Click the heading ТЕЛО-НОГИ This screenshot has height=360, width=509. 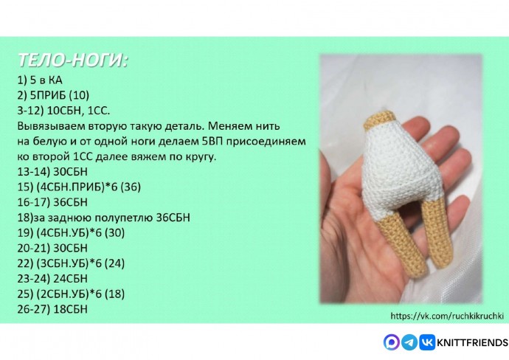(72, 60)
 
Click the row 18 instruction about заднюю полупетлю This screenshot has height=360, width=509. (103, 217)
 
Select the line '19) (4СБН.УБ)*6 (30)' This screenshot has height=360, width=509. (71, 232)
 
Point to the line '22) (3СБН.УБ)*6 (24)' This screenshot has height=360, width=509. (71, 263)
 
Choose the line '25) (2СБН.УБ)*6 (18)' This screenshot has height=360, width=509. (71, 294)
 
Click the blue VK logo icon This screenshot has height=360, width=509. (427, 342)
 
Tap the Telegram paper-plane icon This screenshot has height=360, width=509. (409, 342)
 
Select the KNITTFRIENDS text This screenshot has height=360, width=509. (473, 342)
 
